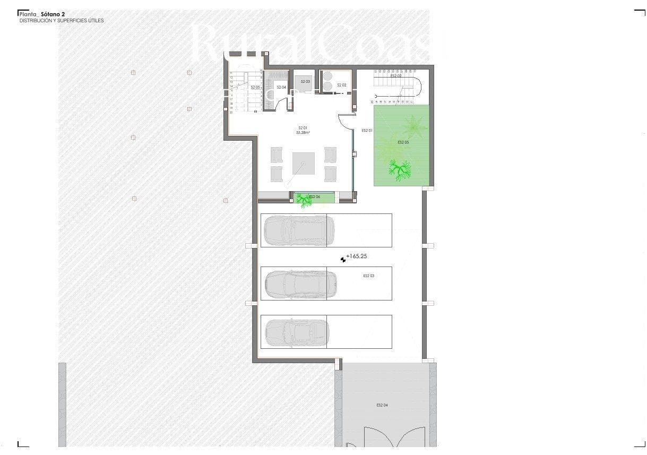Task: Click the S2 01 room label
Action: [303, 127]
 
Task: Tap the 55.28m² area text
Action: [303, 133]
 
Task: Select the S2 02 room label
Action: [341, 85]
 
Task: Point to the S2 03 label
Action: [305, 81]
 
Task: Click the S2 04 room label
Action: [281, 87]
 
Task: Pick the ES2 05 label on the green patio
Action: [403, 142]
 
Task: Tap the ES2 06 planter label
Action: [314, 197]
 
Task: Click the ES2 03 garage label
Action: [369, 276]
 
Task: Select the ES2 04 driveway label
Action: [382, 405]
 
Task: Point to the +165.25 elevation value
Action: [357, 256]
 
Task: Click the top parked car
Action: [296, 230]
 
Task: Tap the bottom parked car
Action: [297, 332]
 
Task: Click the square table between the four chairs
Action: [304, 164]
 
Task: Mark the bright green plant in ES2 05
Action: [399, 170]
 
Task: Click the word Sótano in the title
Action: [50, 14]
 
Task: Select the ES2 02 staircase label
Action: [396, 76]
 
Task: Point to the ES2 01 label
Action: [367, 130]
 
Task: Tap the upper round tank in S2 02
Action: [327, 75]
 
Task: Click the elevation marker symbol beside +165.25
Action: [343, 259]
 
